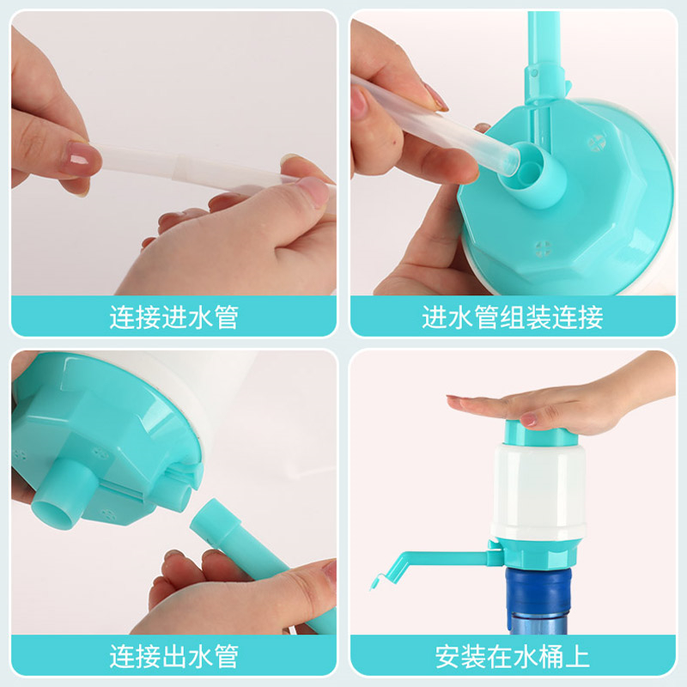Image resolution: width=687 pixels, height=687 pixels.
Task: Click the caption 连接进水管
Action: (174, 317)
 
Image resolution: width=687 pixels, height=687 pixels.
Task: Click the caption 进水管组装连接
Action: (513, 317)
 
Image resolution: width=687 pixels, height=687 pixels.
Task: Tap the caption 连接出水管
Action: (174, 656)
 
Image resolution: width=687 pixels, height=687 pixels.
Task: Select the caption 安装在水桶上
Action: (513, 656)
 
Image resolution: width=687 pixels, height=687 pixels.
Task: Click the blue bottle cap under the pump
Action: (538, 589)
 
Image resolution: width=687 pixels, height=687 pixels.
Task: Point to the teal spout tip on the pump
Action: (376, 582)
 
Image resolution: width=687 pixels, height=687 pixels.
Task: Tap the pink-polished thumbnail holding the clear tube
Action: (80, 159)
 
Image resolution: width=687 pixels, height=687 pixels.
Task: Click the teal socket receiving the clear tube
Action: (531, 173)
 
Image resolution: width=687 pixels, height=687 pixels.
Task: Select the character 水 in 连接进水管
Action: (200, 317)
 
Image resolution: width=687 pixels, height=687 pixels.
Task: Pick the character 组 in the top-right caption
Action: (513, 317)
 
